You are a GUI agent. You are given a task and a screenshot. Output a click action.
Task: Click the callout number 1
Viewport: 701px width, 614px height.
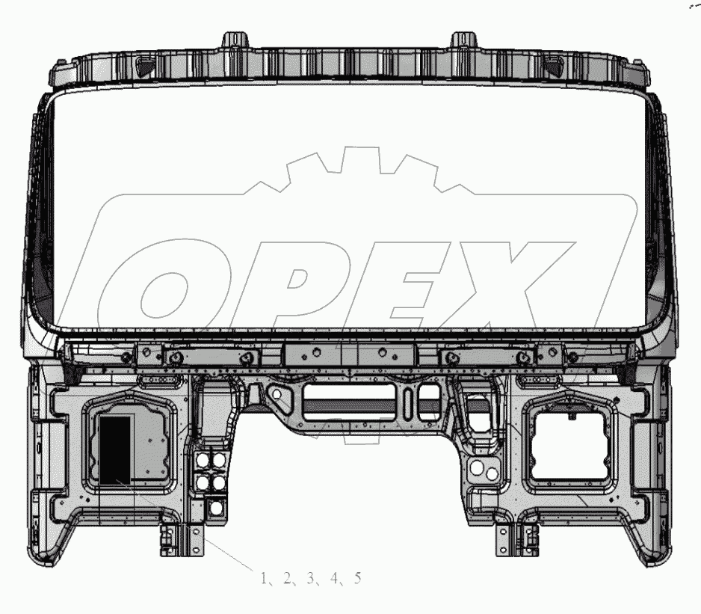264,578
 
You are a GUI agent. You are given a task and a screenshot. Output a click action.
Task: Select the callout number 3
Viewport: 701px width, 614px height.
311,578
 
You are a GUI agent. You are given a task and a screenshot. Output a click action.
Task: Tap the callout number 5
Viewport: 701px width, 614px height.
357,578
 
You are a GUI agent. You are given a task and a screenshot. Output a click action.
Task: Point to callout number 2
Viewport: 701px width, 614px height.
287,578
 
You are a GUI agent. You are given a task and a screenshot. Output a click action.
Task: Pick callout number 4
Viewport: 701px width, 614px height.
334,578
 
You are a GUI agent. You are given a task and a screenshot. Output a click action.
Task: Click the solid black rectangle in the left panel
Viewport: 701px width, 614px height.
115,450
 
